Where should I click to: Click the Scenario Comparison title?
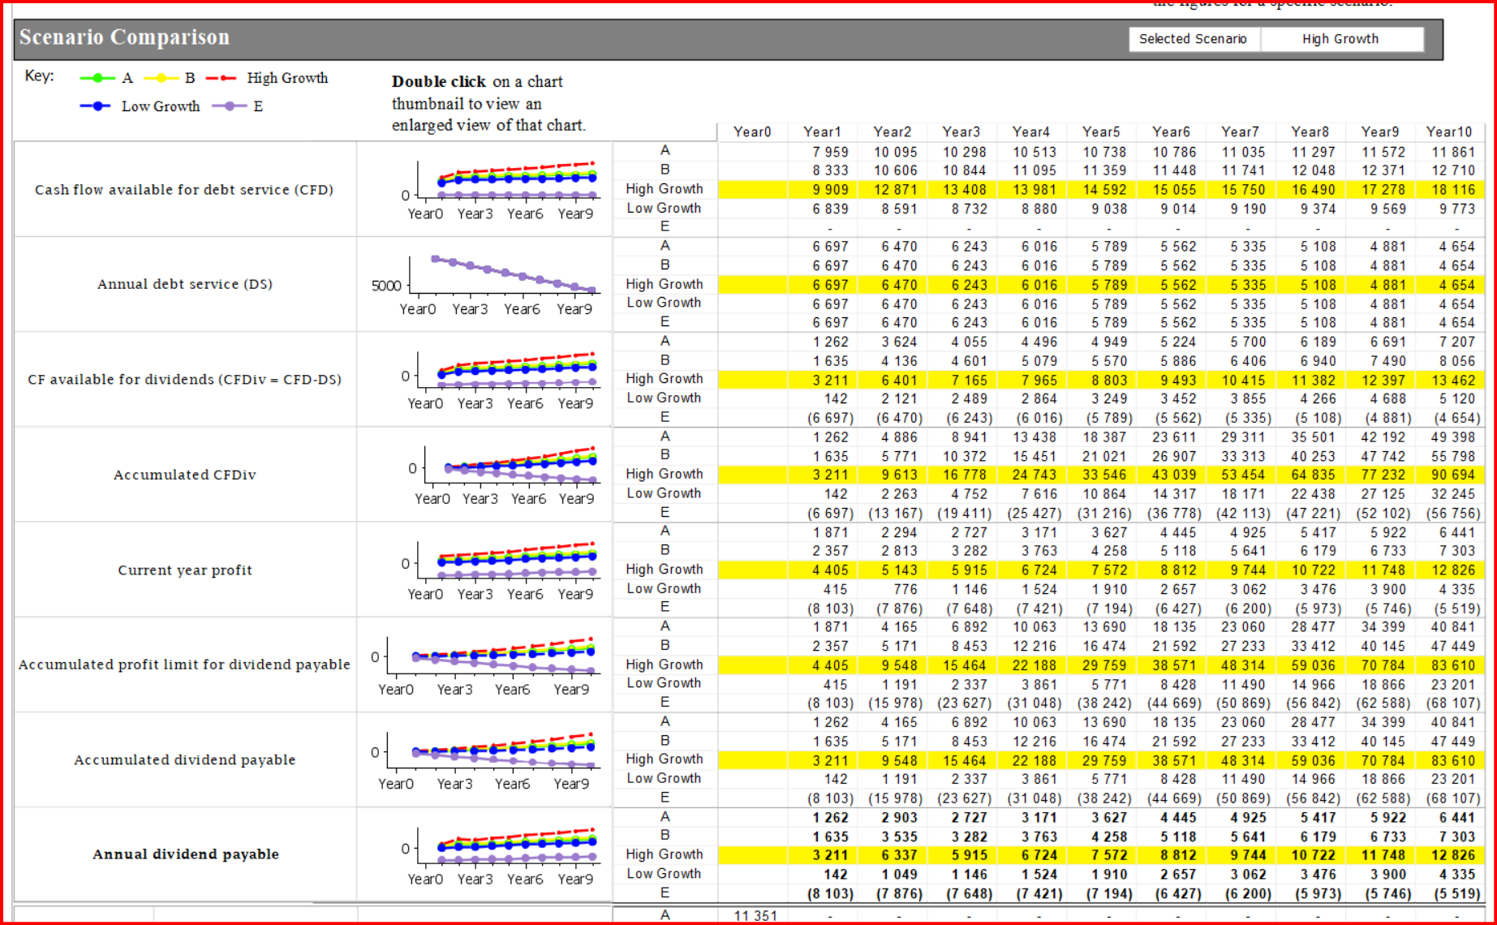point(124,37)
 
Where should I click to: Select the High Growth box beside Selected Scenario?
point(1341,39)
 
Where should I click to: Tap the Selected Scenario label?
point(1193,39)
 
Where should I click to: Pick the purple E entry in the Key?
point(238,106)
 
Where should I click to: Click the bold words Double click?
point(439,82)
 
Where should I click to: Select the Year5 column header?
point(1101,131)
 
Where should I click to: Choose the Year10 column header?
point(1449,131)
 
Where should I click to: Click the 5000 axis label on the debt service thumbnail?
point(386,286)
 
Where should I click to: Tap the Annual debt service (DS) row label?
point(185,284)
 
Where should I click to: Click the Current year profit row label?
point(185,570)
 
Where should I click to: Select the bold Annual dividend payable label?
point(186,854)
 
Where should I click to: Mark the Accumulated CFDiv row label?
point(185,475)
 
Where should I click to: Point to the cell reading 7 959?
point(830,152)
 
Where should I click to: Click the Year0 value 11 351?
point(755,915)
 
